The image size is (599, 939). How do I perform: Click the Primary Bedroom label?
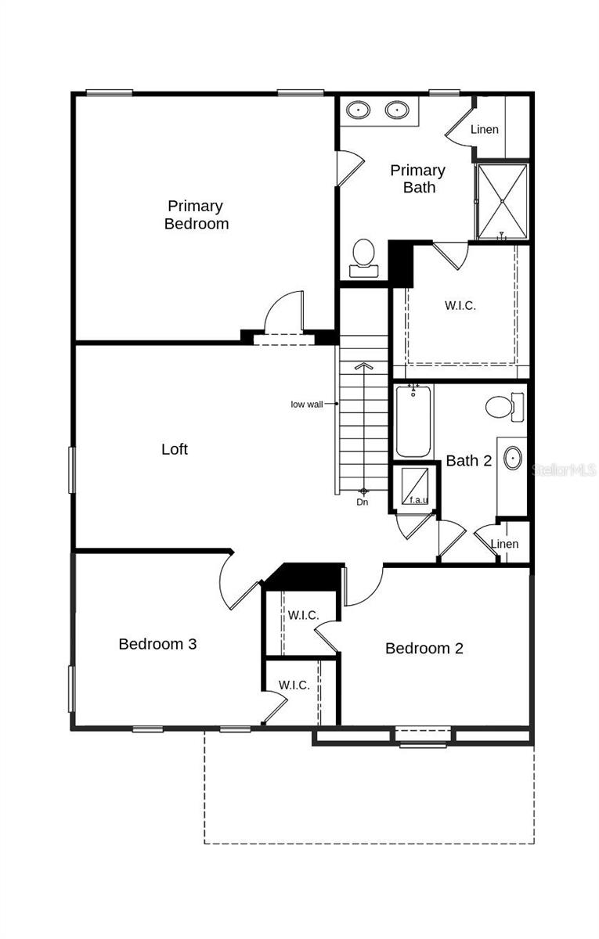tap(196, 214)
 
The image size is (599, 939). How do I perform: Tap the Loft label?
tap(175, 449)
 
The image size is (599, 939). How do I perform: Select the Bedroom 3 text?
tap(157, 644)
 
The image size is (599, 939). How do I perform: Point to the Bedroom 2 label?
tap(424, 648)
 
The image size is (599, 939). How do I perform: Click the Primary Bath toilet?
tap(363, 257)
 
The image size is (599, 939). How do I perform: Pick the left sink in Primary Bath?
tap(359, 110)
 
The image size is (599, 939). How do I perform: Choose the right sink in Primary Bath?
tap(397, 110)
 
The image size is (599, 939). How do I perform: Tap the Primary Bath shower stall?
tap(502, 200)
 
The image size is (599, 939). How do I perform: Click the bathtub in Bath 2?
tap(413, 422)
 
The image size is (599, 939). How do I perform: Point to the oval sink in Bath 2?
tap(513, 459)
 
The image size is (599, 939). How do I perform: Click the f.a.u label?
tap(420, 499)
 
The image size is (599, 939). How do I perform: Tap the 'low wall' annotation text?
tap(307, 404)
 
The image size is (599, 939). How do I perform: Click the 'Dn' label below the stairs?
tap(363, 502)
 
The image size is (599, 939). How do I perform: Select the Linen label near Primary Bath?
tap(485, 129)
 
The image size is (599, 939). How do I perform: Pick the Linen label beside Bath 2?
tap(504, 544)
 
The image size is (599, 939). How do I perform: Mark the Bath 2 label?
tap(468, 461)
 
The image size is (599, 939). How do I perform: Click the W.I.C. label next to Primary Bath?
tap(460, 305)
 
